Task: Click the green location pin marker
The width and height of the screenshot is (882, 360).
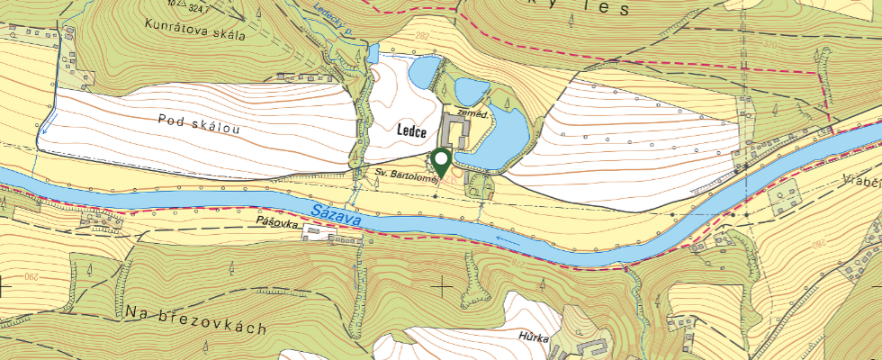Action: click(442, 161)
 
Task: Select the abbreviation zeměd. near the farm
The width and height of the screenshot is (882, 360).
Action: click(473, 114)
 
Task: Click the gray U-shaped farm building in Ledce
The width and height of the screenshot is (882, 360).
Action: click(454, 133)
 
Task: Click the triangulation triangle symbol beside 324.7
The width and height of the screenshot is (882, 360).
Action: click(182, 4)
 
